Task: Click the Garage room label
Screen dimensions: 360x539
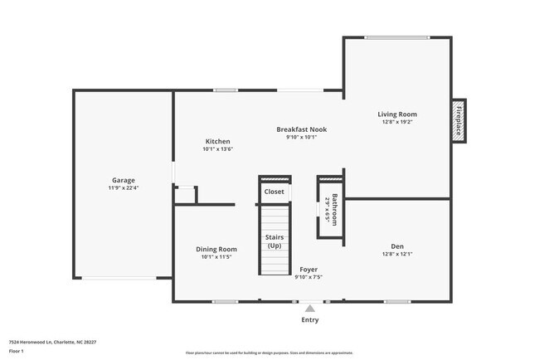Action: pos(124,180)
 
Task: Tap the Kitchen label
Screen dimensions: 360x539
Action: pos(217,141)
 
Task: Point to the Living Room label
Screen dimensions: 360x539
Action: pos(397,114)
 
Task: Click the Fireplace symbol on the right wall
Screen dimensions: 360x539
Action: pos(459,121)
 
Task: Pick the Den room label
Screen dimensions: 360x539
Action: pos(397,246)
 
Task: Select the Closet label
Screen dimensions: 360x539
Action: pos(274,192)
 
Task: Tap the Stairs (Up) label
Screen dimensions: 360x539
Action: pos(274,241)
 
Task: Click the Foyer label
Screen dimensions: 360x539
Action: pos(308,270)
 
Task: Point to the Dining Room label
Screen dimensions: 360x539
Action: pos(216,249)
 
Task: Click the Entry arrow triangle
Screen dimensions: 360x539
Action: pos(309,309)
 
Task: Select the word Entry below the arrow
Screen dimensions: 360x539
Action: pos(309,320)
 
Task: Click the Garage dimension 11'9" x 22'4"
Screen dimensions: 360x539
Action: pos(124,188)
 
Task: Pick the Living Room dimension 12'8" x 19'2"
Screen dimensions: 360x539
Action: pos(397,122)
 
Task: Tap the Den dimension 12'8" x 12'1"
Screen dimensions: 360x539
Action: pos(397,254)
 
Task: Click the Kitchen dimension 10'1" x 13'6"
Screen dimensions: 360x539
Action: pos(217,149)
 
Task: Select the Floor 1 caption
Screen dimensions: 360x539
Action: pos(17,351)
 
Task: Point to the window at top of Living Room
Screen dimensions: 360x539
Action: pos(397,37)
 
